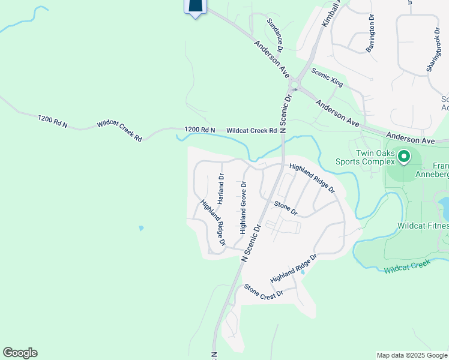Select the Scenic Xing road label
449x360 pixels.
click(x=327, y=77)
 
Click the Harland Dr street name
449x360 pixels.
click(x=221, y=189)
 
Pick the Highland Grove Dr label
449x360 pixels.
click(x=244, y=208)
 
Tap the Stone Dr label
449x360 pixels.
click(x=286, y=208)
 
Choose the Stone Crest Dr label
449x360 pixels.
click(x=263, y=292)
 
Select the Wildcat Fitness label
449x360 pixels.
click(x=423, y=226)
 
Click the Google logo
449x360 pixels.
click(x=20, y=353)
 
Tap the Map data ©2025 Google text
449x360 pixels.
click(x=412, y=355)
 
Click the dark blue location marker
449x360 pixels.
click(x=195, y=6)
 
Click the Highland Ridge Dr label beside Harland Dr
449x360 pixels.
click(x=213, y=222)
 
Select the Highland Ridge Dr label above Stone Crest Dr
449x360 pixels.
click(x=293, y=269)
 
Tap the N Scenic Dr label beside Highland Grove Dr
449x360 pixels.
click(x=252, y=242)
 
